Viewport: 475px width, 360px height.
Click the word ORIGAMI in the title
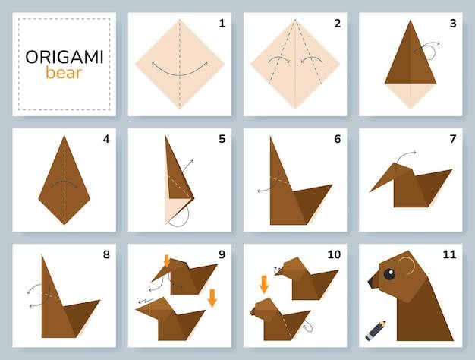[x=64, y=57]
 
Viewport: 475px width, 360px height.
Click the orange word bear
[x=64, y=73]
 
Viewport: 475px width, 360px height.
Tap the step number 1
[x=222, y=24]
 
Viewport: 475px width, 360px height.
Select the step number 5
[x=222, y=139]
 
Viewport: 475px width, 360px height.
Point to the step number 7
[x=453, y=139]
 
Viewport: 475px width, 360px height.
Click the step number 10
[x=334, y=254]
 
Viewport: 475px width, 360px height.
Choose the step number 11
[x=449, y=254]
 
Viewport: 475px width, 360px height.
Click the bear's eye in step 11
[x=389, y=274]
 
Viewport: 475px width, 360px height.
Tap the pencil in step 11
[x=376, y=330]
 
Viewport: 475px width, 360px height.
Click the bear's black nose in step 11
[x=372, y=283]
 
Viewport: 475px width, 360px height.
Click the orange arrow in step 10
[x=265, y=284]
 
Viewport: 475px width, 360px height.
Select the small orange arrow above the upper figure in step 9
[x=167, y=261]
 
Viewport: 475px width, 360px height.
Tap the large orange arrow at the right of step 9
[x=212, y=298]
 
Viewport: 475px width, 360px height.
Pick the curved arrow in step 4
[x=64, y=182]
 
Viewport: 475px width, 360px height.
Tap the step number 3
[x=453, y=24]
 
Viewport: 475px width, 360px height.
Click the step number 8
[x=106, y=254]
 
